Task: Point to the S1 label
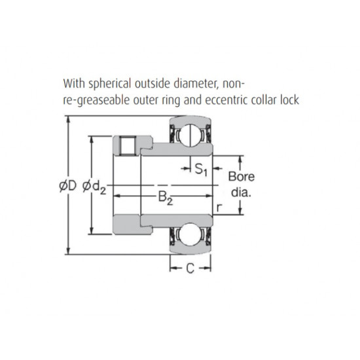(x=202, y=170)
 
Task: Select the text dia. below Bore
(x=241, y=194)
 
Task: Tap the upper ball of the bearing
(x=191, y=135)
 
